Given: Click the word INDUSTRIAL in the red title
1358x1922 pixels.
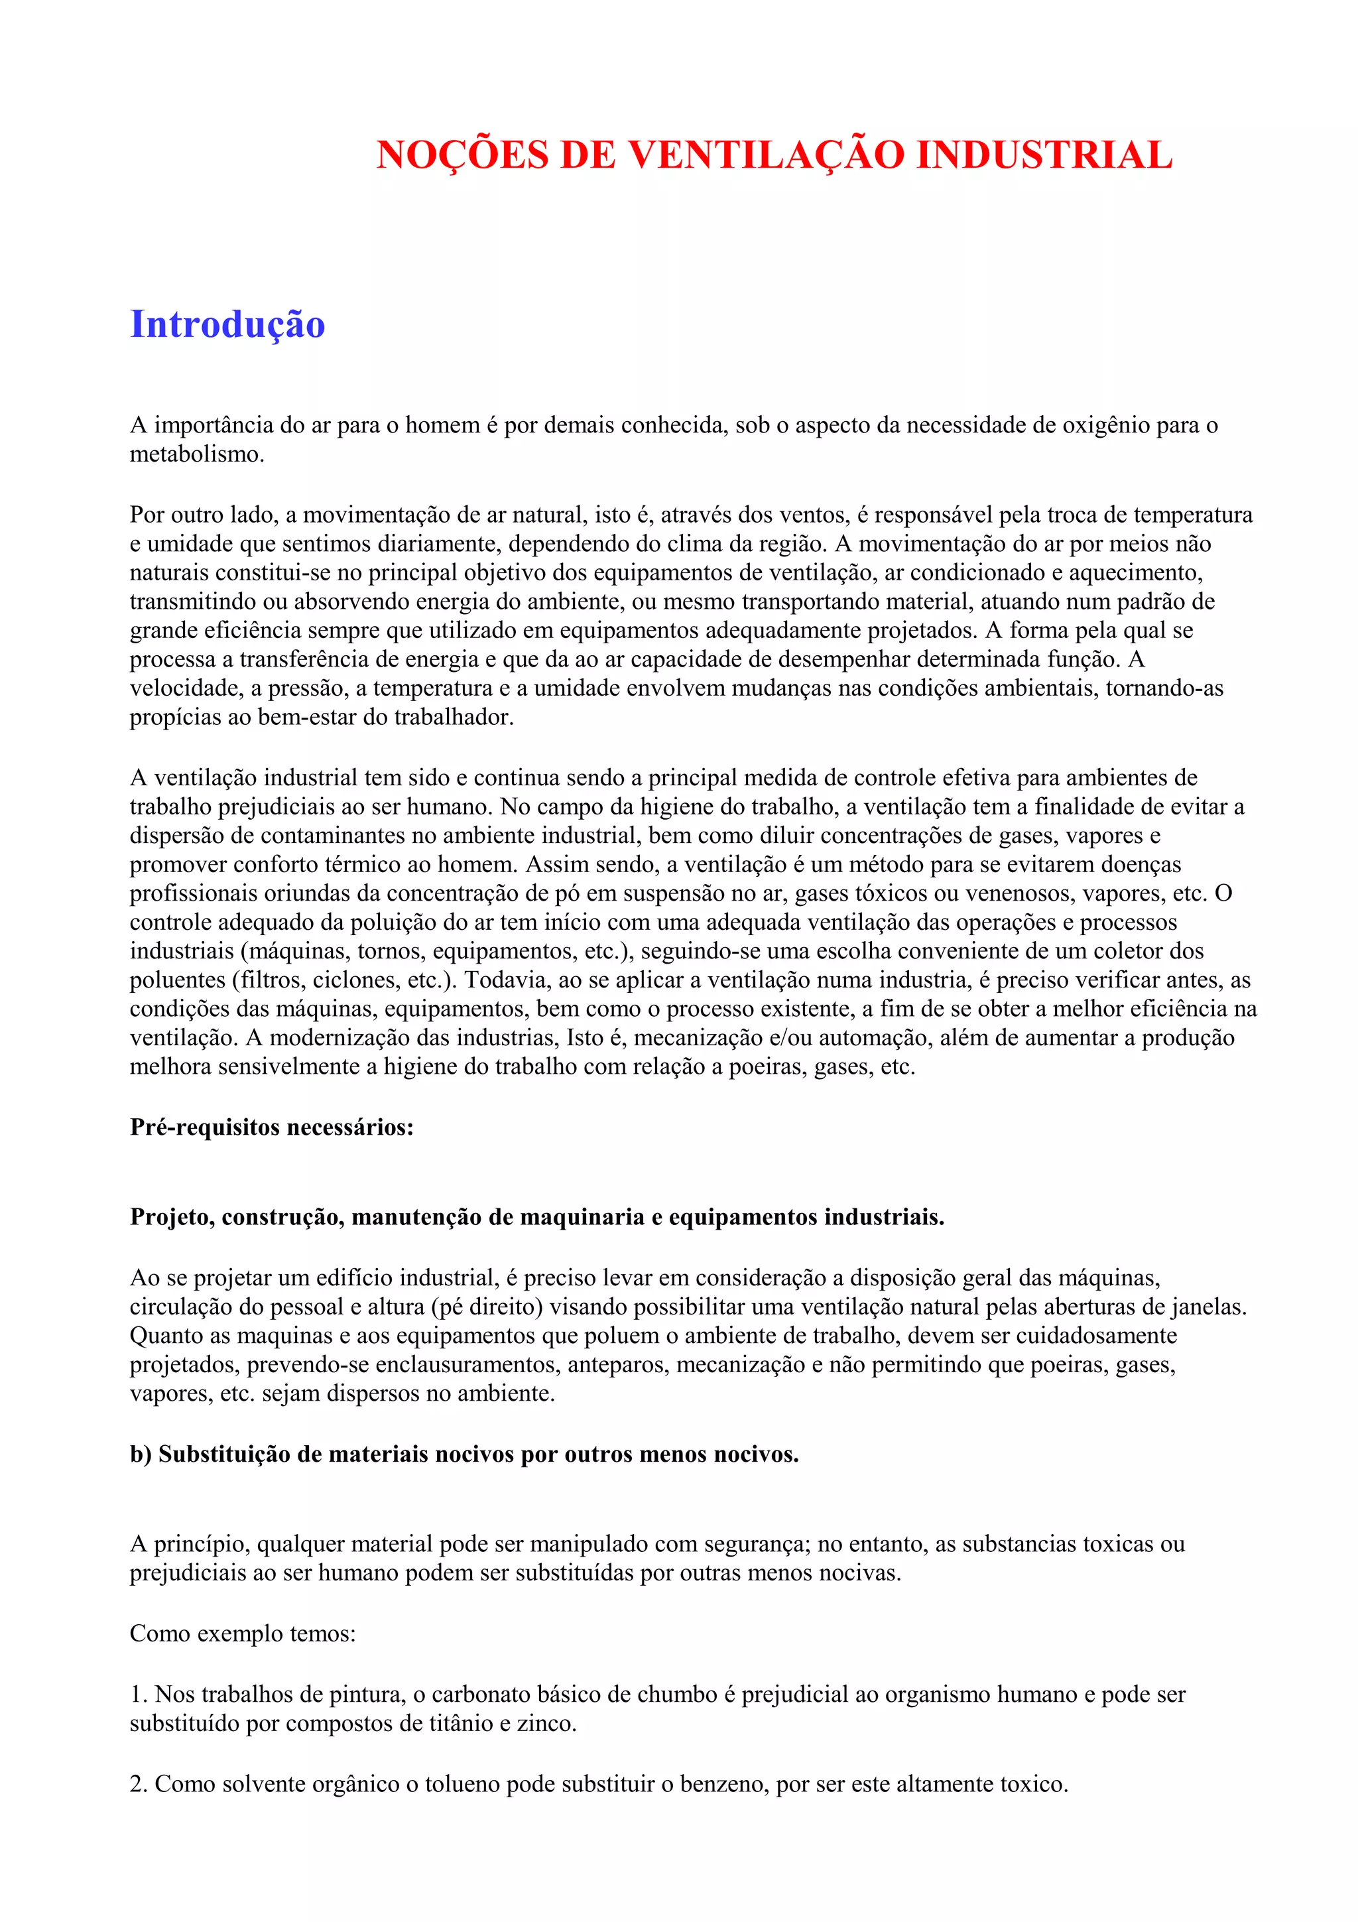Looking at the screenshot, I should pos(1044,156).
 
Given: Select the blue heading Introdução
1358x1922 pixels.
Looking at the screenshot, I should pos(227,325).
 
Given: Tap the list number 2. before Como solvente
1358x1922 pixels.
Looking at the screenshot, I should pos(138,1784).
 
